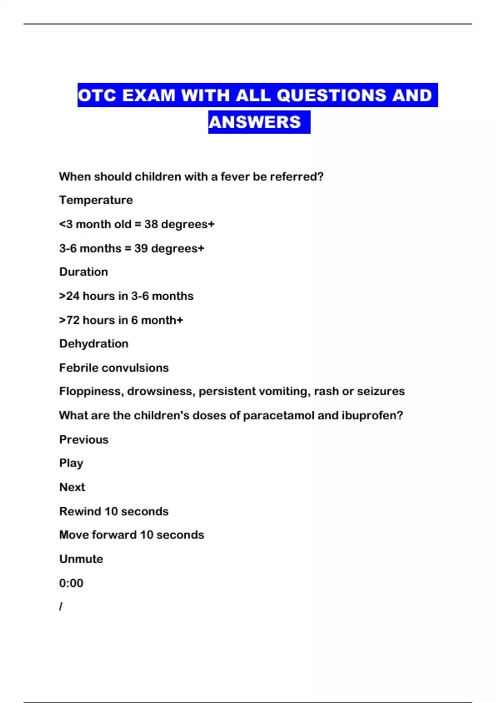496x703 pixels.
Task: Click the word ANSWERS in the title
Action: click(255, 122)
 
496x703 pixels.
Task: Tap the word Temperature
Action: click(96, 200)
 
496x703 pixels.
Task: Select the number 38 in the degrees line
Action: click(151, 224)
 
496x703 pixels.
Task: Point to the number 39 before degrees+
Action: click(141, 249)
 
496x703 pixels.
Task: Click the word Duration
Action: click(83, 272)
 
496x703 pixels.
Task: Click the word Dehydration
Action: click(94, 344)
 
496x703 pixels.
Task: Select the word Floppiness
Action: click(91, 391)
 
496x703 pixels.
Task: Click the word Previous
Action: click(84, 440)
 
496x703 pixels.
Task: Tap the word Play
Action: click(71, 463)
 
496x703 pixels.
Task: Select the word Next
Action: click(72, 487)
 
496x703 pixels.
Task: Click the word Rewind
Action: click(80, 512)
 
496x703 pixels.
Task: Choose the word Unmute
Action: click(81, 559)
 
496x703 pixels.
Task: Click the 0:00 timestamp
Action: click(71, 583)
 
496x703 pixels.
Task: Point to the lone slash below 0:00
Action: click(61, 607)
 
